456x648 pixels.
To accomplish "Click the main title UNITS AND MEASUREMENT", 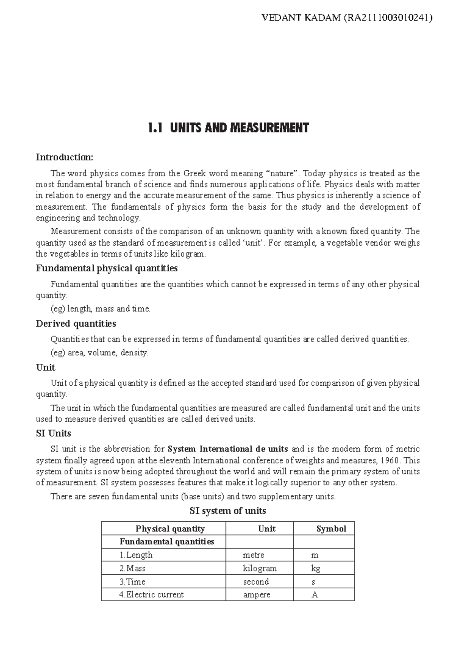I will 239,128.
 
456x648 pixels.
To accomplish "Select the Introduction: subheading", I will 64,157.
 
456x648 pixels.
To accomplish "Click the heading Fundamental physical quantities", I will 106,268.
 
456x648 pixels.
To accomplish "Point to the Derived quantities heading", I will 76,324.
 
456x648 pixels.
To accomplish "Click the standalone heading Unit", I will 45,368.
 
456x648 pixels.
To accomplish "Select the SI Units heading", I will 53,433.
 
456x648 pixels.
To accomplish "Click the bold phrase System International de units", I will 228,449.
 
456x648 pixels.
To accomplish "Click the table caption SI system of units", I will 228,511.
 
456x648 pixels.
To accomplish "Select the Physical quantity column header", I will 170,529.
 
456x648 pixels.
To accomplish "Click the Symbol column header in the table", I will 331,529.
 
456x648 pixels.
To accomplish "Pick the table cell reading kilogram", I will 260,569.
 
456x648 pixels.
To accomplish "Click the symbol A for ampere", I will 314,595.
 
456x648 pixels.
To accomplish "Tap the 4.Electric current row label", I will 151,595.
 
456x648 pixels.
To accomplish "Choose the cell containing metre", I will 253,555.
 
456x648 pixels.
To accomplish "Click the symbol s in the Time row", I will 313,582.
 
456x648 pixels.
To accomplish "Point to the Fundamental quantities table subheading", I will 167,542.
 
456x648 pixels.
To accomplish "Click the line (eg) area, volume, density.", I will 100,353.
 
